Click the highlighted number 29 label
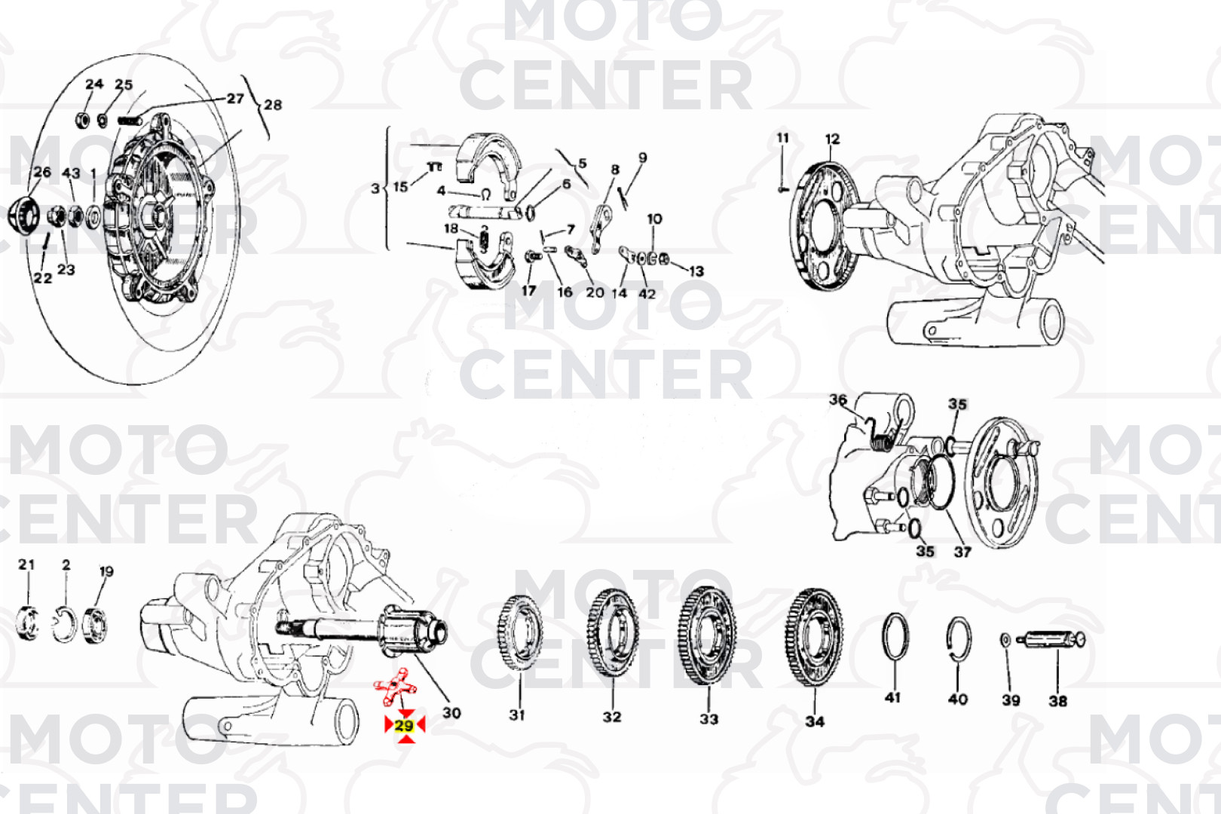[405, 726]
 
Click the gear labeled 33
[707, 635]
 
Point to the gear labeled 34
[814, 637]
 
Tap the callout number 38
[1058, 701]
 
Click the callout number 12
[832, 139]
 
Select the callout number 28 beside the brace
[273, 105]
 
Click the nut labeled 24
[82, 119]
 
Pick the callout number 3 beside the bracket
[375, 188]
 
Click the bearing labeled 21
[26, 623]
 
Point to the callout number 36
[838, 399]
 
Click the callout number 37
[962, 552]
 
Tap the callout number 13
[696, 271]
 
